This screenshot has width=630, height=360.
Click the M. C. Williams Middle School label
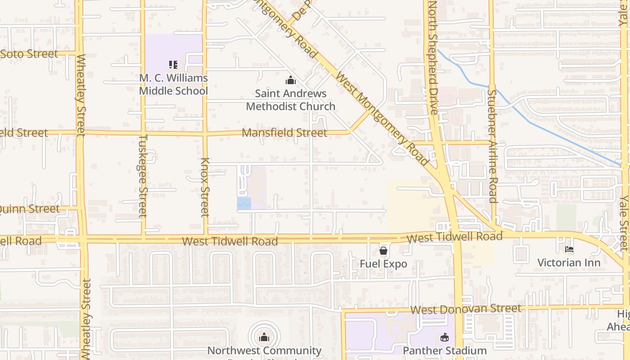pos(173,84)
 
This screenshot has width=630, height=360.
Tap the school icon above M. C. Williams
pos(173,65)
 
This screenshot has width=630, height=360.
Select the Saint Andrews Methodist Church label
pos(291,100)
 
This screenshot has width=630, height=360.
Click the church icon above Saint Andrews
pos(291,81)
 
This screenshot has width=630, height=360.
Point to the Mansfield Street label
pos(284,133)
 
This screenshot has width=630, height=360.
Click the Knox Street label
pos(205,187)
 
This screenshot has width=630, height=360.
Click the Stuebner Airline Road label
pos(492,146)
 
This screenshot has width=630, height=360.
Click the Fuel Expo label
pos(383,264)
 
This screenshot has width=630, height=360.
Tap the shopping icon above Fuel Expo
pos(383,250)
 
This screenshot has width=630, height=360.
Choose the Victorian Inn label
pos(569,262)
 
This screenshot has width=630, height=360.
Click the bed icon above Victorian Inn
pos(569,249)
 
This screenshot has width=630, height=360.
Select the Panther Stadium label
pos(445,351)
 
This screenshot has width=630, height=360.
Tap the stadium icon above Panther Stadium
pos(445,337)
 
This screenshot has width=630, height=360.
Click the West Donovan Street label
pos(466,309)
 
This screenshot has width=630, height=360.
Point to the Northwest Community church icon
pos(264,337)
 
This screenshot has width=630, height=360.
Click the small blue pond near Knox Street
pos(244,203)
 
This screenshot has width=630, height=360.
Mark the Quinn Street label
pos(30,209)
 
